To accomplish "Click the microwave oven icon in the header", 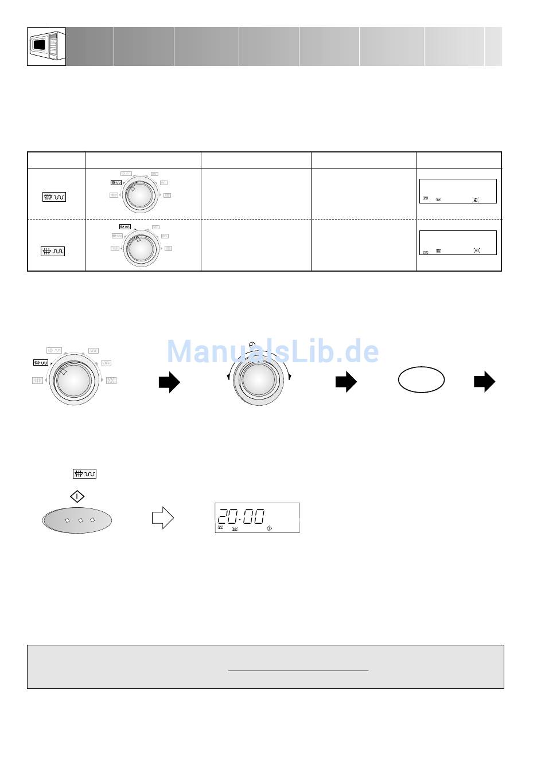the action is [x=46, y=46].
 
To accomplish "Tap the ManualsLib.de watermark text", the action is [x=272, y=351].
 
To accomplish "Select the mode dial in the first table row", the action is [x=140, y=195].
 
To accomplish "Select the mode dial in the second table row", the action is [x=141, y=248].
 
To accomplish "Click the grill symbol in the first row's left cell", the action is [x=54, y=197].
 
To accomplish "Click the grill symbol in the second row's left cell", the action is [x=53, y=252].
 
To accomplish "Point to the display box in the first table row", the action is [x=458, y=191].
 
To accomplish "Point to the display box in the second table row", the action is [x=458, y=242].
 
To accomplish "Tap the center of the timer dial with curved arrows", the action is [x=259, y=379].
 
